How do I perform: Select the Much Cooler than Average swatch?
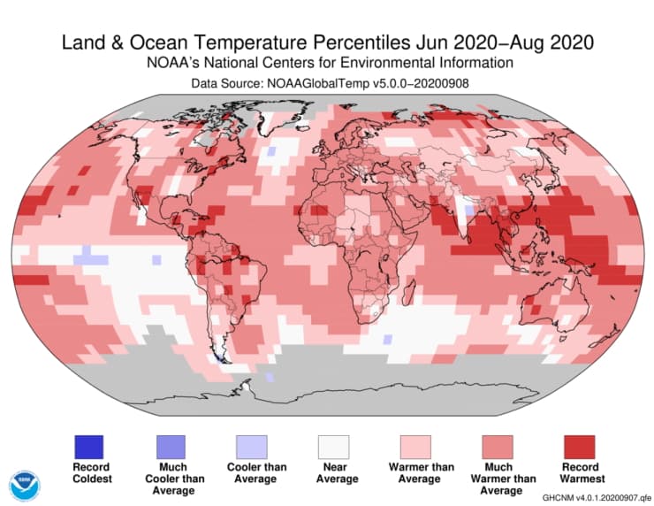click(172, 446)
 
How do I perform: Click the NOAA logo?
click(25, 486)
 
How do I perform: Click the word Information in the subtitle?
click(470, 63)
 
